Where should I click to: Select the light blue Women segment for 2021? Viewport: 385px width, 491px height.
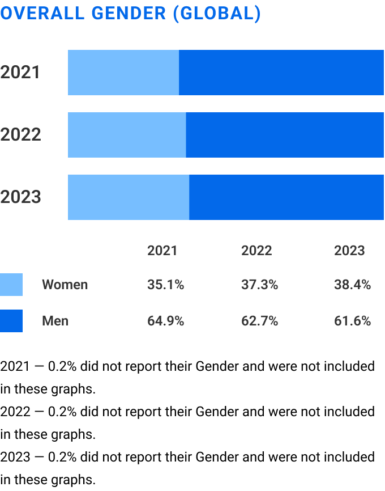coord(123,73)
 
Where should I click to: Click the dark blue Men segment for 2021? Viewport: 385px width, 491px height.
coord(281,73)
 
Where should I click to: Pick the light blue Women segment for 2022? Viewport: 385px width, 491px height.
coord(127,135)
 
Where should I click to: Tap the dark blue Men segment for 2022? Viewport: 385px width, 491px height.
coord(285,135)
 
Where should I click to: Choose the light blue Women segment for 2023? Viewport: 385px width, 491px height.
coord(129,197)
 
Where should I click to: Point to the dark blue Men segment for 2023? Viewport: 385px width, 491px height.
coord(286,197)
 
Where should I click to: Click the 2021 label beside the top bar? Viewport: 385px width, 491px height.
coord(20,73)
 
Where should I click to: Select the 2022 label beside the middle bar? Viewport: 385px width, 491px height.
coord(20,135)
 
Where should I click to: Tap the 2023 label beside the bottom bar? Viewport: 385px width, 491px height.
coord(20,197)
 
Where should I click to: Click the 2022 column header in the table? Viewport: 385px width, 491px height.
coord(256,251)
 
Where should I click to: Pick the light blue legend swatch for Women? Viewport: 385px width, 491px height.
coord(11,285)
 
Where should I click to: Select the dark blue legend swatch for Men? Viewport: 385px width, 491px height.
coord(11,321)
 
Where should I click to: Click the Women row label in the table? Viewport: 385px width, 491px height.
coord(65,285)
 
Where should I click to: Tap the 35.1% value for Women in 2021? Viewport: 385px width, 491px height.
coord(165,285)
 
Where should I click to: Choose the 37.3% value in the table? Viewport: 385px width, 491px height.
coord(259,285)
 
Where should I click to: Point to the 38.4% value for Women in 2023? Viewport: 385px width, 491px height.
coord(352,285)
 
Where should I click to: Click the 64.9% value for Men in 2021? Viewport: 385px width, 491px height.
coord(165,321)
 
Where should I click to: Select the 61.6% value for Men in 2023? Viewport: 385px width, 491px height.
coord(352,321)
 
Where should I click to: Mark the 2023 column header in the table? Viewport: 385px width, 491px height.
coord(349,251)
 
